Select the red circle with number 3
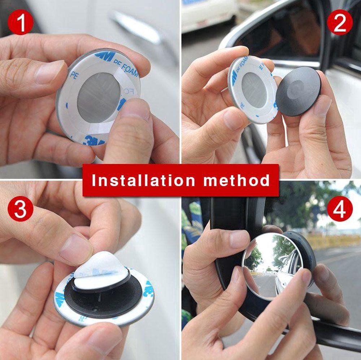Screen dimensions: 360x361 click(21, 209)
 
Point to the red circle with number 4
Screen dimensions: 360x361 click(339, 209)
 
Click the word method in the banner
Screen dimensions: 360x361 click(236, 180)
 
